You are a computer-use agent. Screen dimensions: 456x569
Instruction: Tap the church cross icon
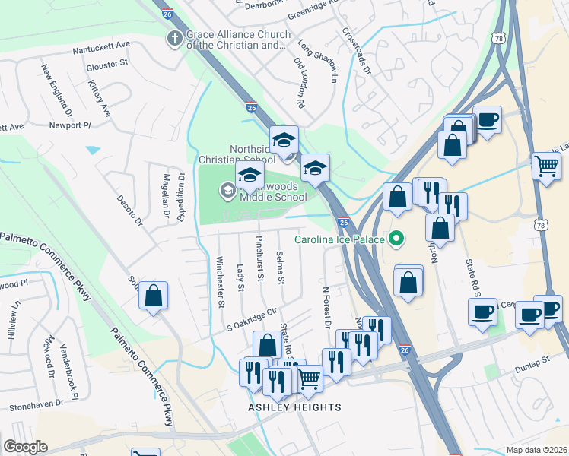click(175, 40)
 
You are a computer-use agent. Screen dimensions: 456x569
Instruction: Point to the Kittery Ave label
click(100, 99)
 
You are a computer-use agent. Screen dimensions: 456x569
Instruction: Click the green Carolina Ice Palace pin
click(396, 239)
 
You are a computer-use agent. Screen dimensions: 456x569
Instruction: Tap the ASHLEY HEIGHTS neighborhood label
click(294, 407)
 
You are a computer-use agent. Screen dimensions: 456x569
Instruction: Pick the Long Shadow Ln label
click(317, 61)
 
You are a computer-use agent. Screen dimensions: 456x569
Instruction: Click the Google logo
click(25, 447)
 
